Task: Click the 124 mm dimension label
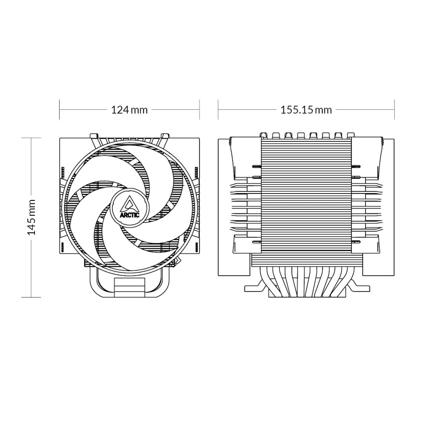pyautogui.click(x=129, y=110)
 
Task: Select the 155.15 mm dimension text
pyautogui.click(x=306, y=110)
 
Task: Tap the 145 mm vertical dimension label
pyautogui.click(x=32, y=217)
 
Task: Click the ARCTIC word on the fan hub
pyautogui.click(x=129, y=215)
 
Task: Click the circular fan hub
pyautogui.click(x=129, y=208)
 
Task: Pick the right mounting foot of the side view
pyautogui.click(x=359, y=288)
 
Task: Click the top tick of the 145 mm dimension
pyautogui.click(x=31, y=138)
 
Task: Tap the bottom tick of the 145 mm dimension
pyautogui.click(x=31, y=297)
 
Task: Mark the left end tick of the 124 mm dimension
pyautogui.click(x=60, y=110)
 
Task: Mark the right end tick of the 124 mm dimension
pyautogui.click(x=199, y=110)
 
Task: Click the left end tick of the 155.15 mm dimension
pyautogui.click(x=218, y=110)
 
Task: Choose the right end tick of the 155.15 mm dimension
pyautogui.click(x=394, y=110)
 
